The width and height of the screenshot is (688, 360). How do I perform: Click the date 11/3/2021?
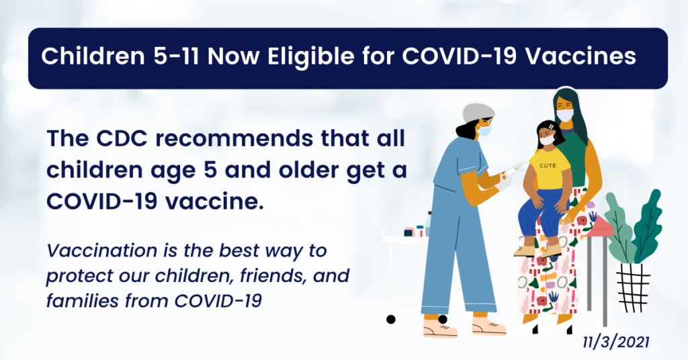click(x=616, y=342)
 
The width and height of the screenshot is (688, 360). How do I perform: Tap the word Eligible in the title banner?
click(x=310, y=56)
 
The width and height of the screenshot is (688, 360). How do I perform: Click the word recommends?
click(x=234, y=138)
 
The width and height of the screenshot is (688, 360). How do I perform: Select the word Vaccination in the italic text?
click(x=102, y=251)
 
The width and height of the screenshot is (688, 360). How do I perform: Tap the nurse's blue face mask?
click(x=484, y=131)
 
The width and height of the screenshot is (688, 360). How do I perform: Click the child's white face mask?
click(x=547, y=140)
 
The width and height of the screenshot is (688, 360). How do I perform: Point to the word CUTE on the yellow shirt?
click(x=548, y=166)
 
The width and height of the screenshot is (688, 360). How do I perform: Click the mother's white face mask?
click(x=565, y=116)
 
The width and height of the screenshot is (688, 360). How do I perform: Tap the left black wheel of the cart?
click(x=391, y=320)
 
